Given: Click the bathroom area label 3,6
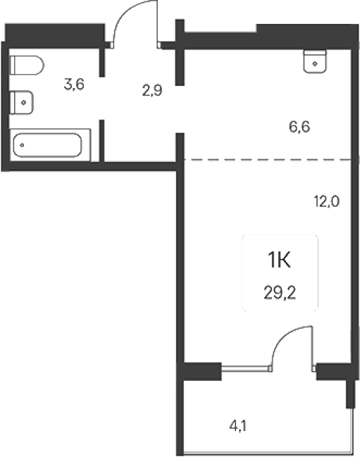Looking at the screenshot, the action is pos(74,85).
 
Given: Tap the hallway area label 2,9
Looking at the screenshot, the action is pos(152,90).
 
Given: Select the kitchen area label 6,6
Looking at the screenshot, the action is pos(299,127).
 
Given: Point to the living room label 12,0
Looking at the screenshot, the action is pos(327,201).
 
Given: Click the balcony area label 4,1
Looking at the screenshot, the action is pos(238,426).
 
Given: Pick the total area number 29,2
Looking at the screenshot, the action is pos(279,293).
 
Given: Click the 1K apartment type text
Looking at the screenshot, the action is pos(279,260).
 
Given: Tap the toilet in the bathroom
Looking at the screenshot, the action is pos(27,65).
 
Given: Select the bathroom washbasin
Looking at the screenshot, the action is pos(21,102).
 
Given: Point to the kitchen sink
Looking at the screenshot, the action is pos(315,61).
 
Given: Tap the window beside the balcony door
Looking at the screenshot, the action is pos(245,369).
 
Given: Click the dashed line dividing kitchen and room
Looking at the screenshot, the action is pos(267,159).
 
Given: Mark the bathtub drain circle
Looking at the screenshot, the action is pos(22,145).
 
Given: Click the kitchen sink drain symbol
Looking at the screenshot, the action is pos(315,63).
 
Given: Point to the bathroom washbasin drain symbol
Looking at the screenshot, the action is pos(23,103).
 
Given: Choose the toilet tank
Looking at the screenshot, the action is pos(13,65).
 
